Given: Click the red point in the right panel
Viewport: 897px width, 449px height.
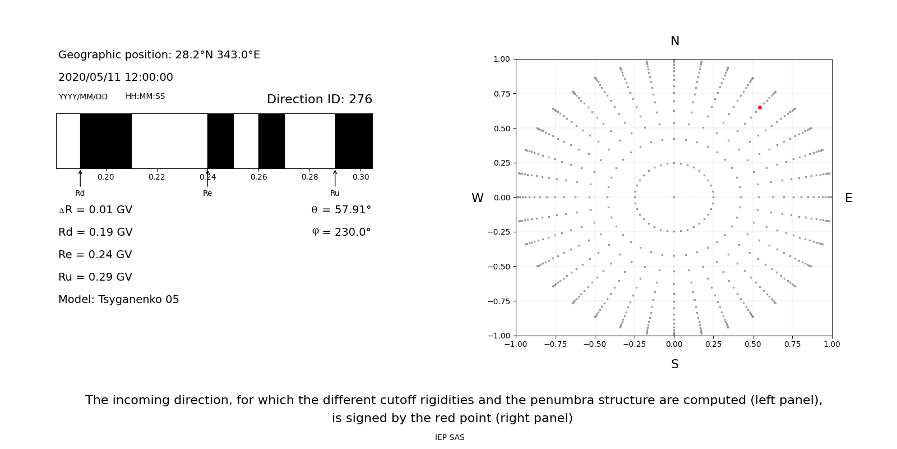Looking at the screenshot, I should pyautogui.click(x=760, y=107).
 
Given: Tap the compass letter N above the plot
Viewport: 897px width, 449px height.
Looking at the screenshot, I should pyautogui.click(x=674, y=41).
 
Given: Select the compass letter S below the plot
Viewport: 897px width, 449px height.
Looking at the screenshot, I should pyautogui.click(x=674, y=364).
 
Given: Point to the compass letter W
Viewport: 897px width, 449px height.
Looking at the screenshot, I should pyautogui.click(x=477, y=198).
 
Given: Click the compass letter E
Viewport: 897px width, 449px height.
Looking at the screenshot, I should pyautogui.click(x=848, y=198).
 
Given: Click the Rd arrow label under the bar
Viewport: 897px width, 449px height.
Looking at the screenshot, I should pyautogui.click(x=80, y=193).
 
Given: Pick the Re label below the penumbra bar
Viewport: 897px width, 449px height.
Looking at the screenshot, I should pyautogui.click(x=207, y=193).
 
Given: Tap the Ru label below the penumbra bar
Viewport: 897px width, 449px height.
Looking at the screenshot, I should pyautogui.click(x=335, y=193).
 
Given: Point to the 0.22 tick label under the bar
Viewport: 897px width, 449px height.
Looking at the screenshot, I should pyautogui.click(x=156, y=177).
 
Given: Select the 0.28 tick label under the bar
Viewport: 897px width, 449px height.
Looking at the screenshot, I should pyautogui.click(x=309, y=177).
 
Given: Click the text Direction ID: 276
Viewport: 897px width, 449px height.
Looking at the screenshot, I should pyautogui.click(x=319, y=99).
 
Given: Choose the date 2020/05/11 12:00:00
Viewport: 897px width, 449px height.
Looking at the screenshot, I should pyautogui.click(x=115, y=77).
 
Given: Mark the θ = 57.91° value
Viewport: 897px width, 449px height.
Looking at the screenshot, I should pyautogui.click(x=341, y=210).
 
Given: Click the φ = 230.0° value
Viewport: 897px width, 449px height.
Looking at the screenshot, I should pyautogui.click(x=341, y=232).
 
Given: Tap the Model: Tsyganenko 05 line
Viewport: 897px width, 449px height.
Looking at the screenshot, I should pyautogui.click(x=119, y=300).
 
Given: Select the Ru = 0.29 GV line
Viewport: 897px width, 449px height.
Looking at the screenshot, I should pyautogui.click(x=95, y=277).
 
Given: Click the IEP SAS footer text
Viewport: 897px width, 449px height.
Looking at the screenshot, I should pyautogui.click(x=450, y=437).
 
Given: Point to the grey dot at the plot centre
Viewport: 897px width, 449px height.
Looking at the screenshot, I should pyautogui.click(x=674, y=197).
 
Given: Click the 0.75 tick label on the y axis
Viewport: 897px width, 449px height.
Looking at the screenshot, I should pyautogui.click(x=501, y=94).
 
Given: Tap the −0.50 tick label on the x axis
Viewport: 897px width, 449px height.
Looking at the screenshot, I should pyautogui.click(x=594, y=344).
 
